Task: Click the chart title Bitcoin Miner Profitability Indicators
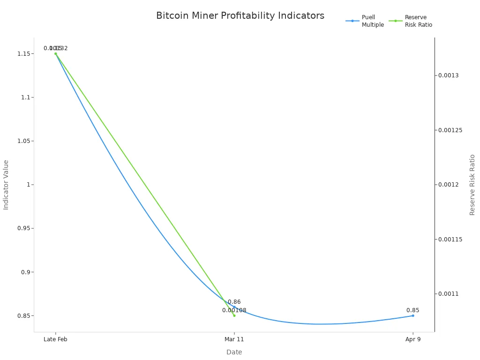click(x=240, y=16)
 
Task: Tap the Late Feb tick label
click(x=55, y=339)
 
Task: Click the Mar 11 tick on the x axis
click(x=234, y=339)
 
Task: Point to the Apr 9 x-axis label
click(x=413, y=339)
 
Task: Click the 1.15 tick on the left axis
click(x=25, y=54)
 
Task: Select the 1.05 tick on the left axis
click(x=25, y=141)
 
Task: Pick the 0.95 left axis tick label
click(x=25, y=228)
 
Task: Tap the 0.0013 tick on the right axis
click(x=449, y=75)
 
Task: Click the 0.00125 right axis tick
click(x=450, y=130)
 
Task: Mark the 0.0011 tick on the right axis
click(x=449, y=294)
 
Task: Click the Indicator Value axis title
click(x=6, y=185)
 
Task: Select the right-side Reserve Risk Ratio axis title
click(x=472, y=185)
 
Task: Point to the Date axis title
click(x=234, y=352)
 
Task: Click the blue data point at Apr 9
click(x=413, y=315)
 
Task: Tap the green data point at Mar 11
click(x=234, y=315)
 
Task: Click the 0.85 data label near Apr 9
click(x=413, y=310)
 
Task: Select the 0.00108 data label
click(x=234, y=310)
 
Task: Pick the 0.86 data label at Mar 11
click(x=234, y=302)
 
